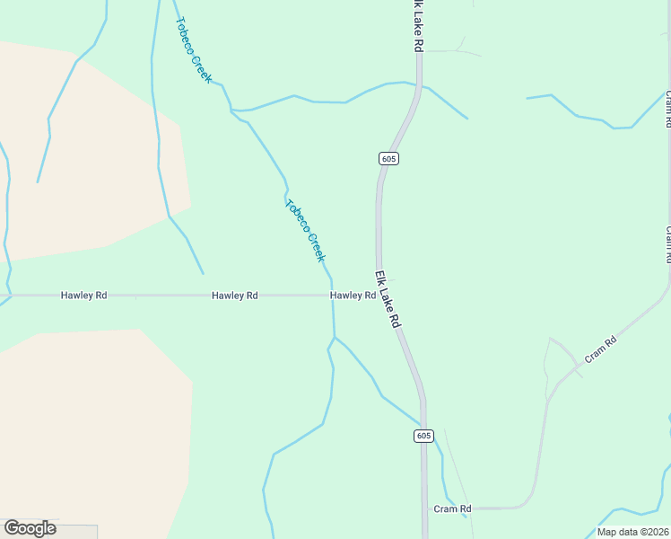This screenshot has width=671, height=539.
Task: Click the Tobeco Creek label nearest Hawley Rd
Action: (305, 230)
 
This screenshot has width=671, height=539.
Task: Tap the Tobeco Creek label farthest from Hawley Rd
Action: (194, 50)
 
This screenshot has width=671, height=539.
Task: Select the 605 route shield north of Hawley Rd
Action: (388, 159)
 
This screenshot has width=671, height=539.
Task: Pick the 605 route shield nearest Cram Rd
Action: (424, 436)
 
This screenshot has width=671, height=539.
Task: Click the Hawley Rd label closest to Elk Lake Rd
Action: (353, 296)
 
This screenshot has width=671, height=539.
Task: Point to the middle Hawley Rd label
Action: (235, 296)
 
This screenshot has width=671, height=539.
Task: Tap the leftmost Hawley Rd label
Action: (84, 296)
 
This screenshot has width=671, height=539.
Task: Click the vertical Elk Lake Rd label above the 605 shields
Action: (418, 25)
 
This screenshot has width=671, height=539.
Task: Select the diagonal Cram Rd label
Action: (601, 349)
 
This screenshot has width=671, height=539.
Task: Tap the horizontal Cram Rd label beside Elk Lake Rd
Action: (453, 509)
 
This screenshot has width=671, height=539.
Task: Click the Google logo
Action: (30, 528)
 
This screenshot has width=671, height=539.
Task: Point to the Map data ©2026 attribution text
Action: (632, 532)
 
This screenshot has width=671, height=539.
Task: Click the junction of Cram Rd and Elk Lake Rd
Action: (425, 508)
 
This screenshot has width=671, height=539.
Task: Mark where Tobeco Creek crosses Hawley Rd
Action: (332, 295)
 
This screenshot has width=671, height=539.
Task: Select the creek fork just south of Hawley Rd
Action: (335, 338)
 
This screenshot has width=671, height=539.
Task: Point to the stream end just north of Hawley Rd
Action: (204, 273)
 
